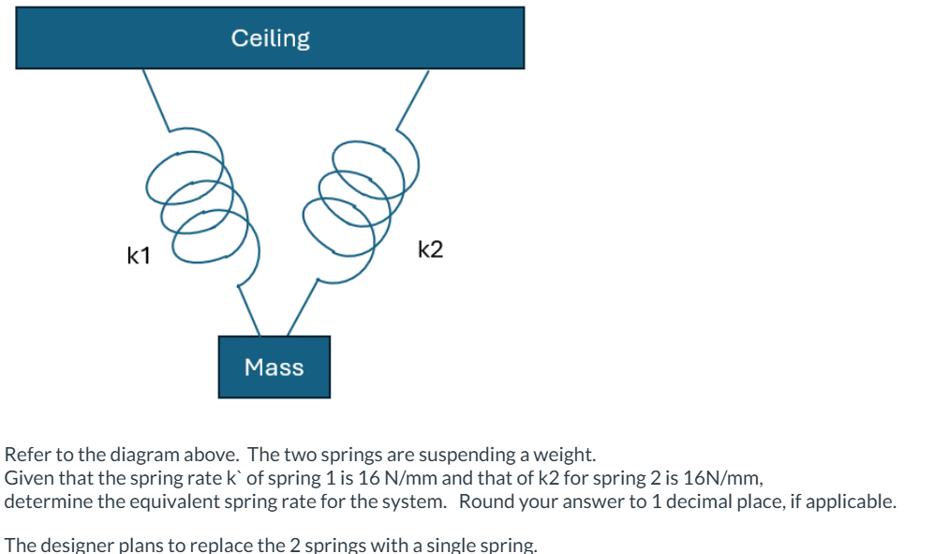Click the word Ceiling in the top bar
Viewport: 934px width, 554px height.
coord(270,38)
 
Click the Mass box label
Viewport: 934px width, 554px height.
coord(274,367)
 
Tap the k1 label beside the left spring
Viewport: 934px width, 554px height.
coord(139,254)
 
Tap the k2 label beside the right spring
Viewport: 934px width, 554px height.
coord(431,249)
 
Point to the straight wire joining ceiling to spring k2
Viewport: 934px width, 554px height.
coord(412,99)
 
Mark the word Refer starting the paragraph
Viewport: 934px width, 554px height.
coord(27,456)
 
